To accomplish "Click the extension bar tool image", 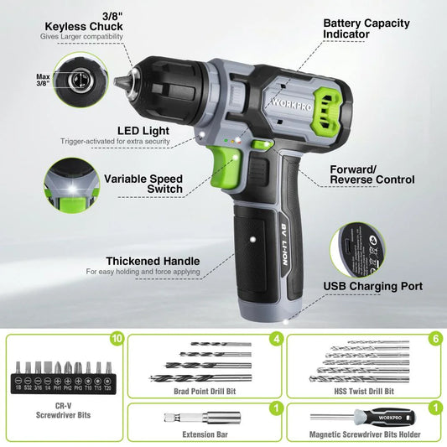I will click(180, 417).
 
